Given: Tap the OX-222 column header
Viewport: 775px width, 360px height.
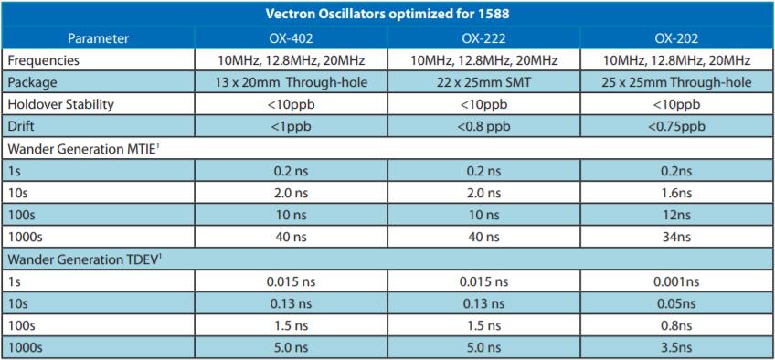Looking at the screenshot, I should [x=484, y=38].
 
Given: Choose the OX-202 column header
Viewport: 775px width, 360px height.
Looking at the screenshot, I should [x=678, y=38].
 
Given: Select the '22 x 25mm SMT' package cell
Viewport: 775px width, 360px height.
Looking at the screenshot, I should [x=485, y=82].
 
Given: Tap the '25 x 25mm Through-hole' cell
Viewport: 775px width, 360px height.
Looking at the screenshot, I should [x=678, y=82].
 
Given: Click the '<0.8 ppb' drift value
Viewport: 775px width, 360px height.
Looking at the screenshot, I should [x=485, y=126].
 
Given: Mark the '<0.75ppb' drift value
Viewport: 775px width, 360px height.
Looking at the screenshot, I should [x=678, y=126].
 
